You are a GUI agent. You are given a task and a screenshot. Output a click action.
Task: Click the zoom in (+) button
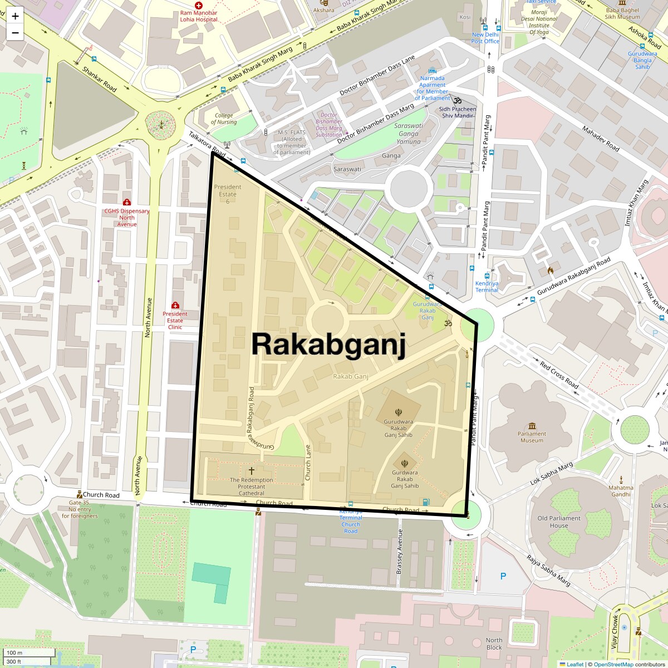pyautogui.click(x=15, y=16)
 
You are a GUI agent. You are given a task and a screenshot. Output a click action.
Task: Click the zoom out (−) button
pyautogui.click(x=15, y=32)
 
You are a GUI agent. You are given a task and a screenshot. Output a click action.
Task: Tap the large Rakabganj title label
pyautogui.click(x=328, y=343)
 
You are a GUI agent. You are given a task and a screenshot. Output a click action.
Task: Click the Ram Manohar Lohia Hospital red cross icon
pyautogui.click(x=198, y=5)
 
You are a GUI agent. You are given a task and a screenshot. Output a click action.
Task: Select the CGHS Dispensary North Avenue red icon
pyautogui.click(x=127, y=202)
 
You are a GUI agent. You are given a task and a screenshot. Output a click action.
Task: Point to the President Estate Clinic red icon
pyautogui.click(x=175, y=305)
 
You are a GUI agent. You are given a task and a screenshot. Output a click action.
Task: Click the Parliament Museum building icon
pyautogui.click(x=532, y=425)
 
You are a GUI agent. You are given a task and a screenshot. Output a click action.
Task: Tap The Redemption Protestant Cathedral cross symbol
pyautogui.click(x=252, y=471)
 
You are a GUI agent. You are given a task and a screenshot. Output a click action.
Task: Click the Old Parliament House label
pyautogui.click(x=558, y=522)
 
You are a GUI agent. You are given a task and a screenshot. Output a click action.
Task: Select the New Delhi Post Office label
pyautogui.click(x=485, y=38)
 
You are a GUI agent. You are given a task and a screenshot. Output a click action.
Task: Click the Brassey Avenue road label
pyautogui.click(x=399, y=551)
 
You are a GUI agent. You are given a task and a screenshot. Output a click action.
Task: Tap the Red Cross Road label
pyautogui.click(x=559, y=375)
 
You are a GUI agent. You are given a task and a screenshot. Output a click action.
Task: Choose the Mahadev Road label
pyautogui.click(x=601, y=139)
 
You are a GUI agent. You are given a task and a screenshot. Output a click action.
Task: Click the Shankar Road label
pyautogui.click(x=99, y=79)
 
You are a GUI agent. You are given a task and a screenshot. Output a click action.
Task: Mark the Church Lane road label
pyautogui.click(x=307, y=462)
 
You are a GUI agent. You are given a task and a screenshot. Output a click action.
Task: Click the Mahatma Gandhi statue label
pyautogui.click(x=621, y=491)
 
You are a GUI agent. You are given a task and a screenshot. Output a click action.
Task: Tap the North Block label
pyautogui.click(x=494, y=644)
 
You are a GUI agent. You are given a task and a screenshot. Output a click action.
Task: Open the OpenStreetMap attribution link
pyautogui.click(x=613, y=664)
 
